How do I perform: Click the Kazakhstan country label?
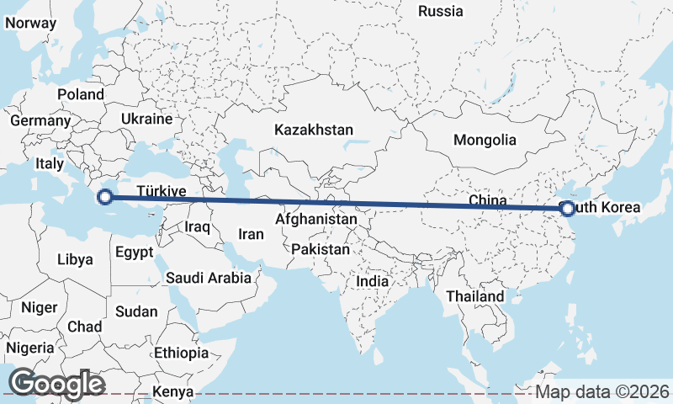313,130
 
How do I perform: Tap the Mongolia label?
484,140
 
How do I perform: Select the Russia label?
441,11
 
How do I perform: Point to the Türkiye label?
161,191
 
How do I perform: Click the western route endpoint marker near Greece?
105,198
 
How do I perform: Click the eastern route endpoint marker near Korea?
567,208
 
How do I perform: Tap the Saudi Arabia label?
208,277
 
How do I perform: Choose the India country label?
373,281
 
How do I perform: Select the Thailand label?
475,296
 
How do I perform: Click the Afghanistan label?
316,219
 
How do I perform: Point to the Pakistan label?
321,249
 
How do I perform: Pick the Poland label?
81,94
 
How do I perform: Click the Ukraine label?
146,119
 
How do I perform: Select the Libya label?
75,259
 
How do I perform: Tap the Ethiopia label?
181,353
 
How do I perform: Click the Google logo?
57,384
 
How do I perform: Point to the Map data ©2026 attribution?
602,391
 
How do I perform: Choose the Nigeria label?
30,347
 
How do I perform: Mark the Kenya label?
172,392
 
